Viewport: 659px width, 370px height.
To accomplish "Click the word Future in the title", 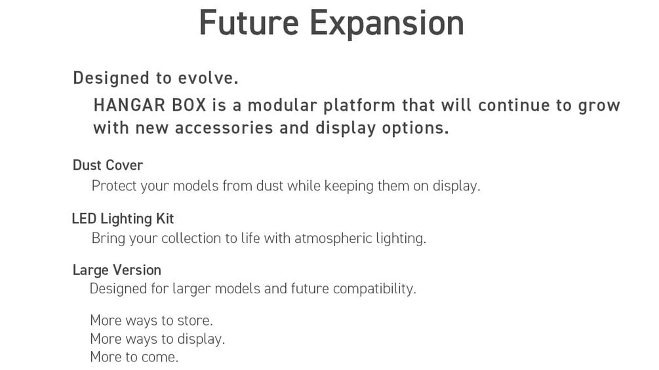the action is pos(249,22).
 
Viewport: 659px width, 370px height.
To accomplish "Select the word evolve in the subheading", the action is pos(208,78).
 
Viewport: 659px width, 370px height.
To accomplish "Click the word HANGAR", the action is pos(129,105).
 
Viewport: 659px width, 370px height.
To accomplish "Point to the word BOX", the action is pos(189,105).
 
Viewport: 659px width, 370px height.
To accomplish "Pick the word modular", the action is pos(282,105).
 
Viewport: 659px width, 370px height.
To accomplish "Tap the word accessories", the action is pos(224,128).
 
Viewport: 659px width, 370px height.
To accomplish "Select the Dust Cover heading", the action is pos(108,165).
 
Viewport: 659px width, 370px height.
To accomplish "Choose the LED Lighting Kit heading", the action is pos(123,219).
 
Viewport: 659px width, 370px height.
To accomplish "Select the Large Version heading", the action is pos(117,270).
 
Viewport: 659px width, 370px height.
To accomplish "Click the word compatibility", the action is pos(374,289).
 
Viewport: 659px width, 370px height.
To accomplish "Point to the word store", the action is pos(195,320).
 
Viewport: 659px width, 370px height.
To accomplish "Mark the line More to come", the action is pos(134,357).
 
